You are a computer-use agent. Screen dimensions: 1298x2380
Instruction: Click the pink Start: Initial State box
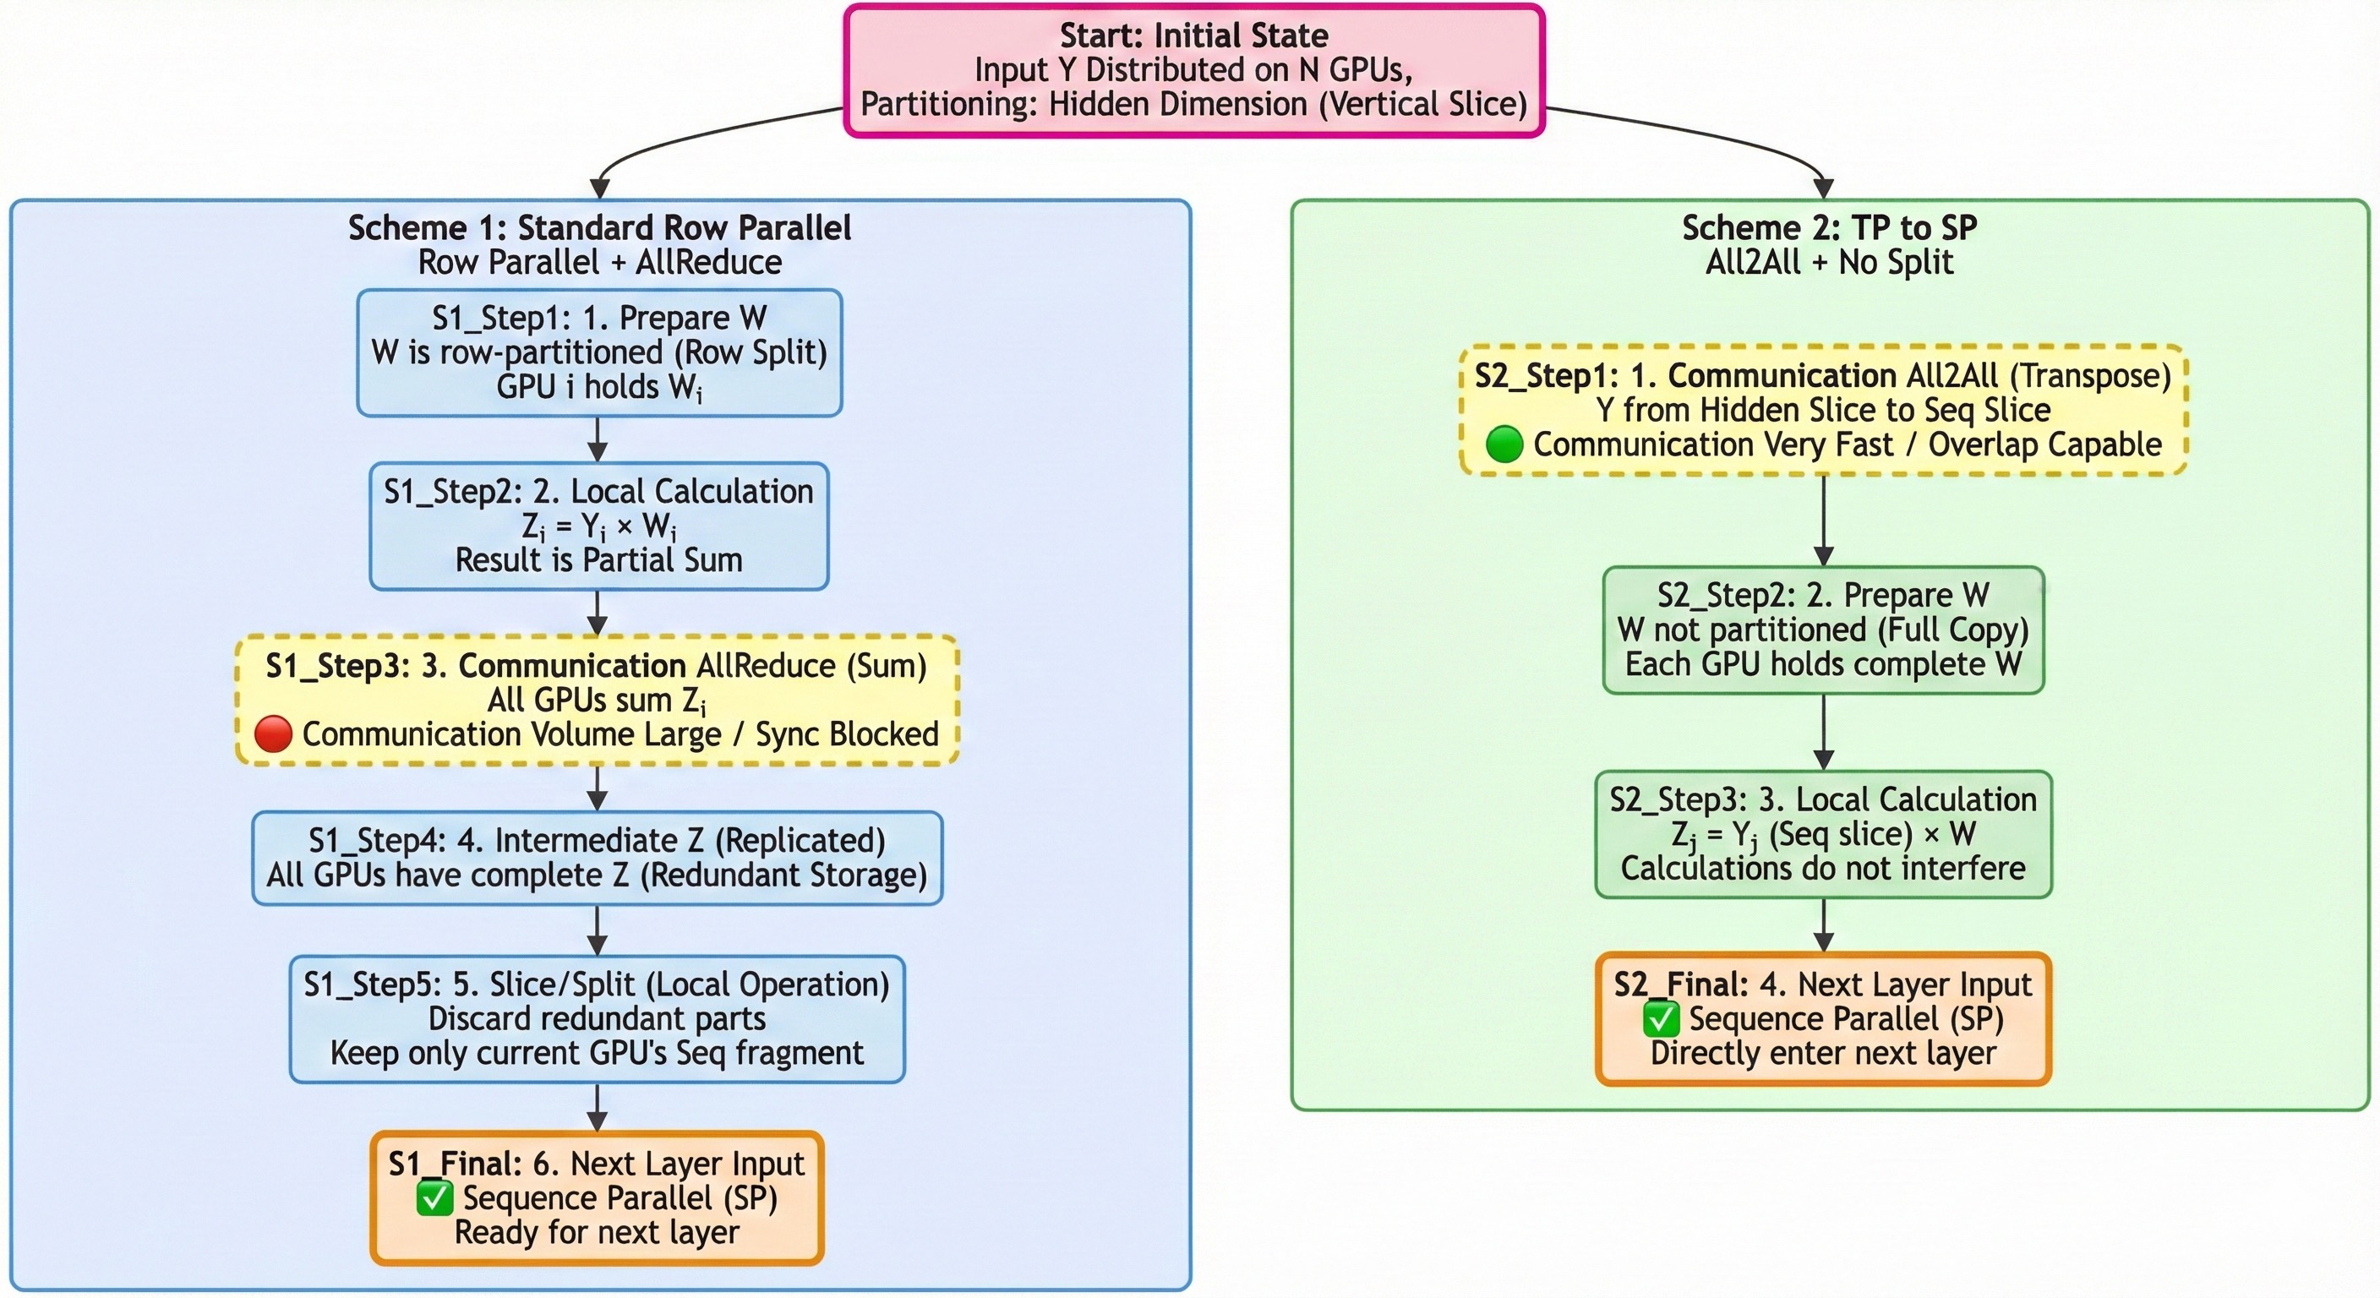coord(1193,70)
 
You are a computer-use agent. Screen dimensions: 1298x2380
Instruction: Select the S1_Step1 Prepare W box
coord(598,353)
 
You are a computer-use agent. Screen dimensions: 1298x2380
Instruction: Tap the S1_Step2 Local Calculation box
coord(598,526)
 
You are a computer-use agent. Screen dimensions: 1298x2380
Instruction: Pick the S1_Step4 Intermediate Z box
coord(597,858)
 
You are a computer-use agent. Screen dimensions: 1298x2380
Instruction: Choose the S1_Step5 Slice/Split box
coord(597,1018)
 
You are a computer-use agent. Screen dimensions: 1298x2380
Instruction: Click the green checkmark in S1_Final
coord(434,1198)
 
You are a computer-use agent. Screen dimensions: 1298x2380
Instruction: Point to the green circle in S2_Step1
coord(1504,444)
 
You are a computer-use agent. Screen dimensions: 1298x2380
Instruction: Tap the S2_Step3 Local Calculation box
coord(1823,833)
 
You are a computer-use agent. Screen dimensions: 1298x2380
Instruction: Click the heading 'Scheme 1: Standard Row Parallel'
coord(599,227)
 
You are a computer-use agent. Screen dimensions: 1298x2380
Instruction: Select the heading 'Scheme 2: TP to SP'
coord(1829,227)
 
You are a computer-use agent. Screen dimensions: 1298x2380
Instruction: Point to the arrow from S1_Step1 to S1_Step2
coord(598,439)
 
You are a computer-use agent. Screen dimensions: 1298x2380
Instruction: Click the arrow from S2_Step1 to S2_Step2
coord(1824,520)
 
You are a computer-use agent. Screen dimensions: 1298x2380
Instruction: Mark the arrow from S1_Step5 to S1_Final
coord(598,1107)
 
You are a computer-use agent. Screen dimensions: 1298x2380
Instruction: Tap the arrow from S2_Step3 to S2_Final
coord(1824,924)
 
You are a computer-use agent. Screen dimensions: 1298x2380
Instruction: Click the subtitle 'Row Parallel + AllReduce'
coord(599,262)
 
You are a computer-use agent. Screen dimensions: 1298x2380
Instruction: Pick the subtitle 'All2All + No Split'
coord(1829,262)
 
